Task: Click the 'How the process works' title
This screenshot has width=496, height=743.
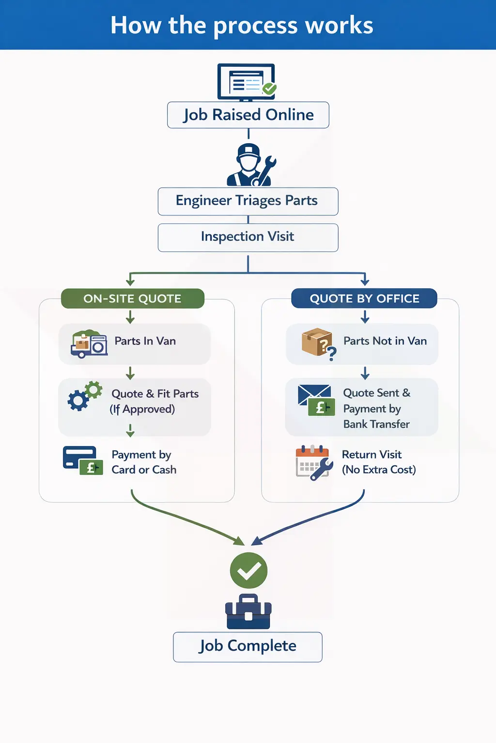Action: (242, 25)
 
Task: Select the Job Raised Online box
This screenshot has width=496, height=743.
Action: (248, 115)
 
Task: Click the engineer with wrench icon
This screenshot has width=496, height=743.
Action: (251, 165)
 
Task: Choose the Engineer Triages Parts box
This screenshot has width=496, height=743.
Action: (248, 201)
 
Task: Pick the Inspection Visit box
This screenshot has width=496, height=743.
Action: (248, 237)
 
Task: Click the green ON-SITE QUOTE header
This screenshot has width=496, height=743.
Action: (132, 298)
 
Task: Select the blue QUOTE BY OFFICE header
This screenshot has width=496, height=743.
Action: (364, 298)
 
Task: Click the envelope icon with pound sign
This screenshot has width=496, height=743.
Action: (316, 400)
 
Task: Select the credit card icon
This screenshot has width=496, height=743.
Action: (82, 460)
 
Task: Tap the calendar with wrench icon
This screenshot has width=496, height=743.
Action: (314, 462)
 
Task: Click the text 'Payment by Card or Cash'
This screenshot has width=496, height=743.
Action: (144, 462)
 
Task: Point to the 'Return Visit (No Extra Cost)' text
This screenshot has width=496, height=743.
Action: (378, 462)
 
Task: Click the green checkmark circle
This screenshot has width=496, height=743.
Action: (248, 570)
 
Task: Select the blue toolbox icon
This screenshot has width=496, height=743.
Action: (248, 612)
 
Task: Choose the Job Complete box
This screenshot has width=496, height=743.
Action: (248, 646)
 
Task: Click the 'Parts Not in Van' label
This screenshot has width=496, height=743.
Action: (385, 341)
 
